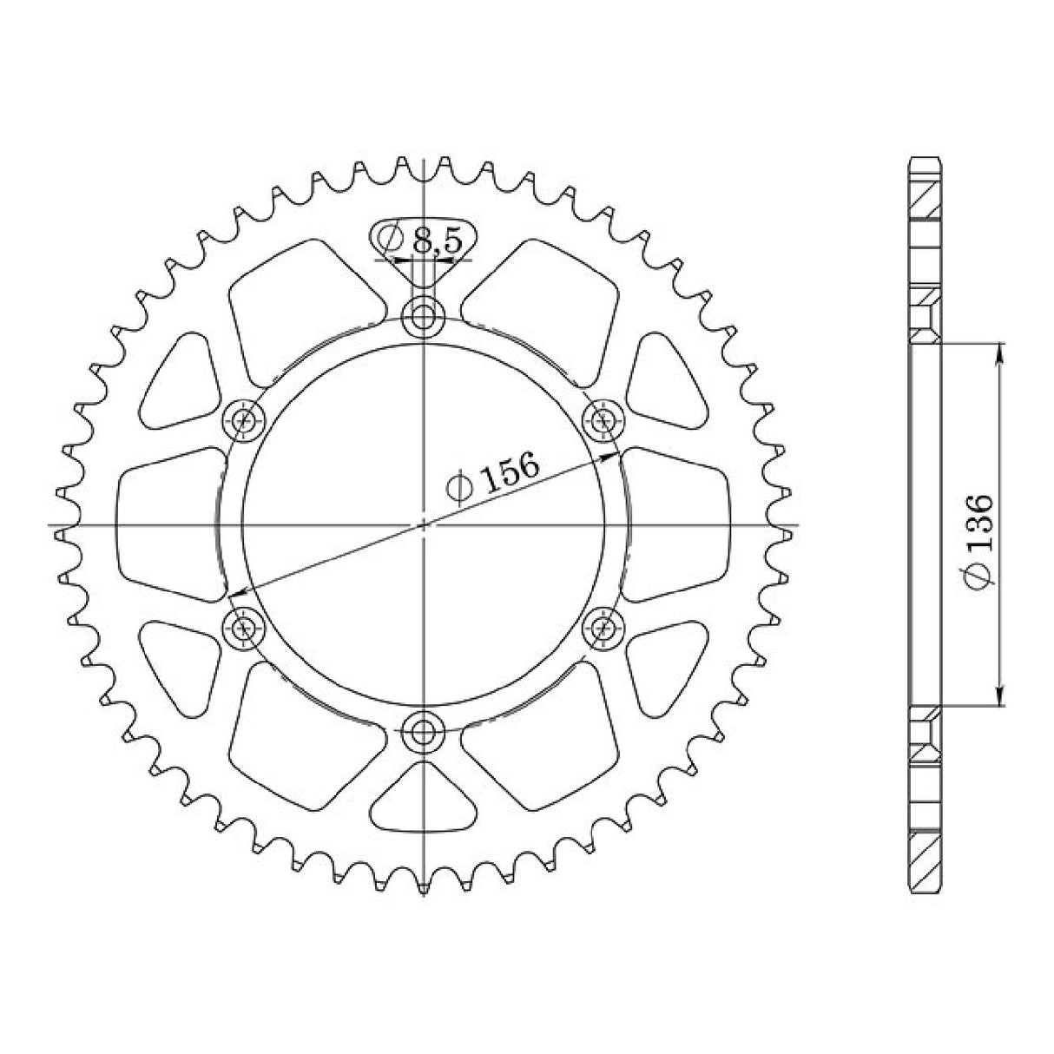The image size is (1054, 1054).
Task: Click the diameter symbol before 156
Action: tap(458, 491)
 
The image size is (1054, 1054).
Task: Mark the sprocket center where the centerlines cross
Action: tap(424, 524)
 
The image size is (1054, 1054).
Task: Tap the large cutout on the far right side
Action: tap(679, 524)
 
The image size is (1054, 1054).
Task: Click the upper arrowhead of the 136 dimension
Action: tap(1001, 352)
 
